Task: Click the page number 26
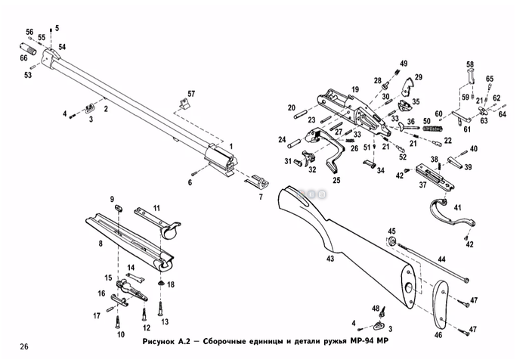click(x=25, y=346)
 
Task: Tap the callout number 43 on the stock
click(x=329, y=259)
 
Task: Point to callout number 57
click(x=191, y=92)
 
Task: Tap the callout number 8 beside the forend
click(x=100, y=244)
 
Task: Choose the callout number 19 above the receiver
click(x=354, y=89)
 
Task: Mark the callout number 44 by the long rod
click(x=441, y=259)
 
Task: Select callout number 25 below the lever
click(x=336, y=180)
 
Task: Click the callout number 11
click(x=156, y=207)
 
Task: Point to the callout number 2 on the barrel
click(x=105, y=109)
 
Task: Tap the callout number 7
click(x=260, y=197)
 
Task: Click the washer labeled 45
click(x=392, y=241)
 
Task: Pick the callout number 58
click(x=469, y=64)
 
